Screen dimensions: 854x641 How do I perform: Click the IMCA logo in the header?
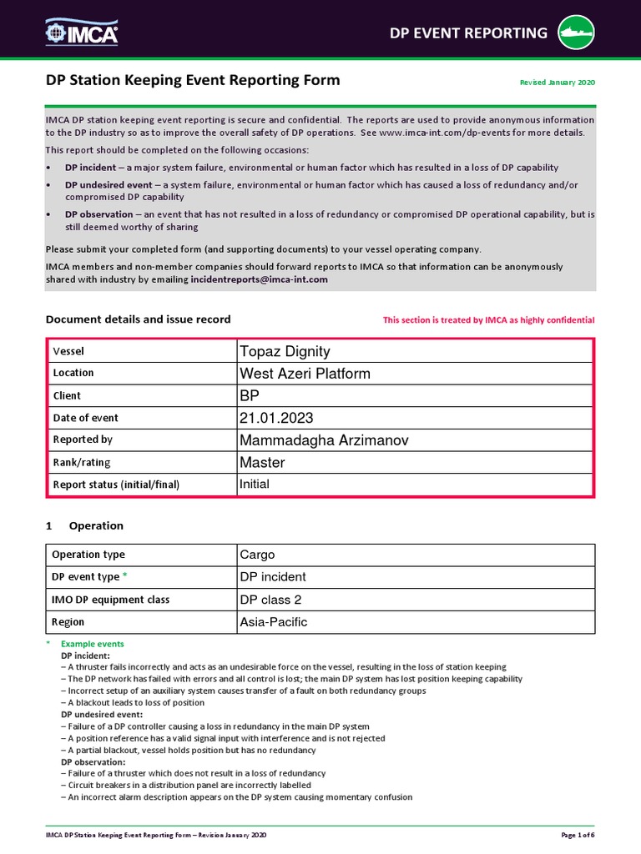[82, 33]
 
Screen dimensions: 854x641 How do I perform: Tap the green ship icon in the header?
[578, 33]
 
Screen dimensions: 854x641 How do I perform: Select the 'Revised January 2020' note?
[558, 83]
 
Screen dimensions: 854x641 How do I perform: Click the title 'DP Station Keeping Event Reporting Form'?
[193, 80]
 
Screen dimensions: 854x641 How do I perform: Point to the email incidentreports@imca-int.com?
[259, 279]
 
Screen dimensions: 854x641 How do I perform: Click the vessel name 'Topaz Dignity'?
[285, 351]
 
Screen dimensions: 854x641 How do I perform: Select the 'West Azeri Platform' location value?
[305, 374]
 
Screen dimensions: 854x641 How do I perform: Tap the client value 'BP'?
[250, 396]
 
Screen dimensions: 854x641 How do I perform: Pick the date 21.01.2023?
[276, 418]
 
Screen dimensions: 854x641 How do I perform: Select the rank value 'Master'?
[262, 462]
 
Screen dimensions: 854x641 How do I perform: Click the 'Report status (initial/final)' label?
[116, 485]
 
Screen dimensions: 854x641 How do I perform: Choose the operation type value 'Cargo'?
[257, 555]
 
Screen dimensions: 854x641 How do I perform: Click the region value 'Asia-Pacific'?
[273, 622]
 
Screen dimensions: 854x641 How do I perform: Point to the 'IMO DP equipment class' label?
[110, 600]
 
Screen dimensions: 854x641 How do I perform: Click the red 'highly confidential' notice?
[488, 320]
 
